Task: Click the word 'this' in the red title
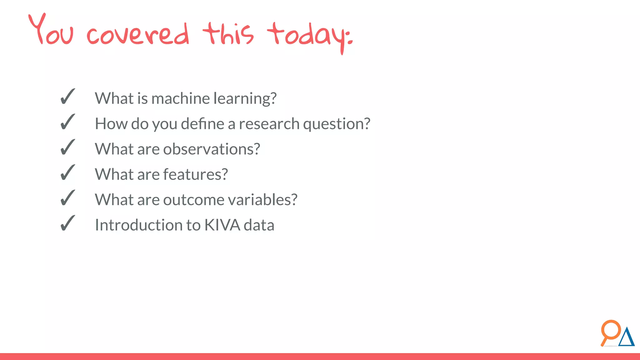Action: coord(228,34)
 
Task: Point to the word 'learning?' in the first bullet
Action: coord(245,99)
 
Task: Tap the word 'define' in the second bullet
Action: coord(202,124)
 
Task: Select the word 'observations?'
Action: coord(212,149)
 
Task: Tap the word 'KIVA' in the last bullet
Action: coord(222,225)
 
